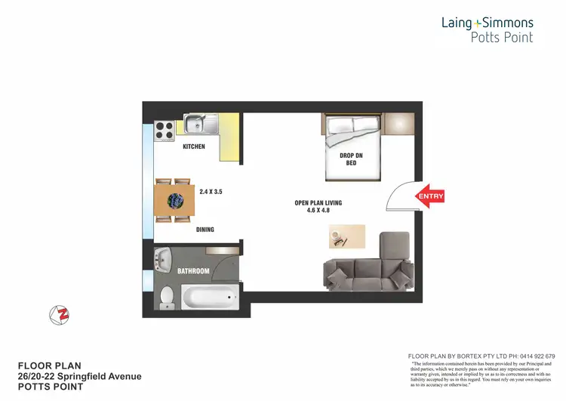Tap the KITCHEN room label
pos(194,147)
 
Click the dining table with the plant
pos(173,201)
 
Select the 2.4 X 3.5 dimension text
pos(211,193)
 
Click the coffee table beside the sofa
pos(347,236)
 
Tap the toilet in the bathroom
pos(168,297)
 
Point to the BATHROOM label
pos(193,270)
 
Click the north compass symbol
pos(58,314)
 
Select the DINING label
pos(205,230)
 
